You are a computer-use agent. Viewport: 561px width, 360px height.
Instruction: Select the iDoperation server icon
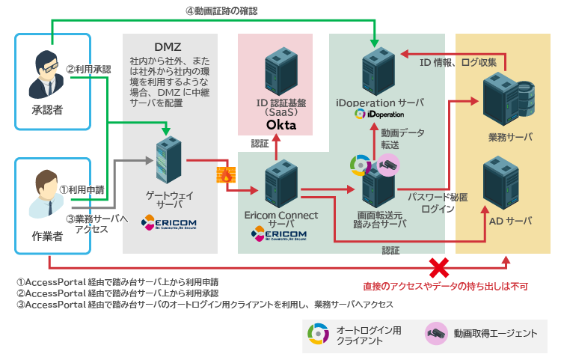tap(379, 70)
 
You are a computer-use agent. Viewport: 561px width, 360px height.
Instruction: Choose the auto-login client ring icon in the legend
tap(318, 334)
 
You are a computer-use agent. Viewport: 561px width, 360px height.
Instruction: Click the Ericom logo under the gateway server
tap(169, 224)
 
